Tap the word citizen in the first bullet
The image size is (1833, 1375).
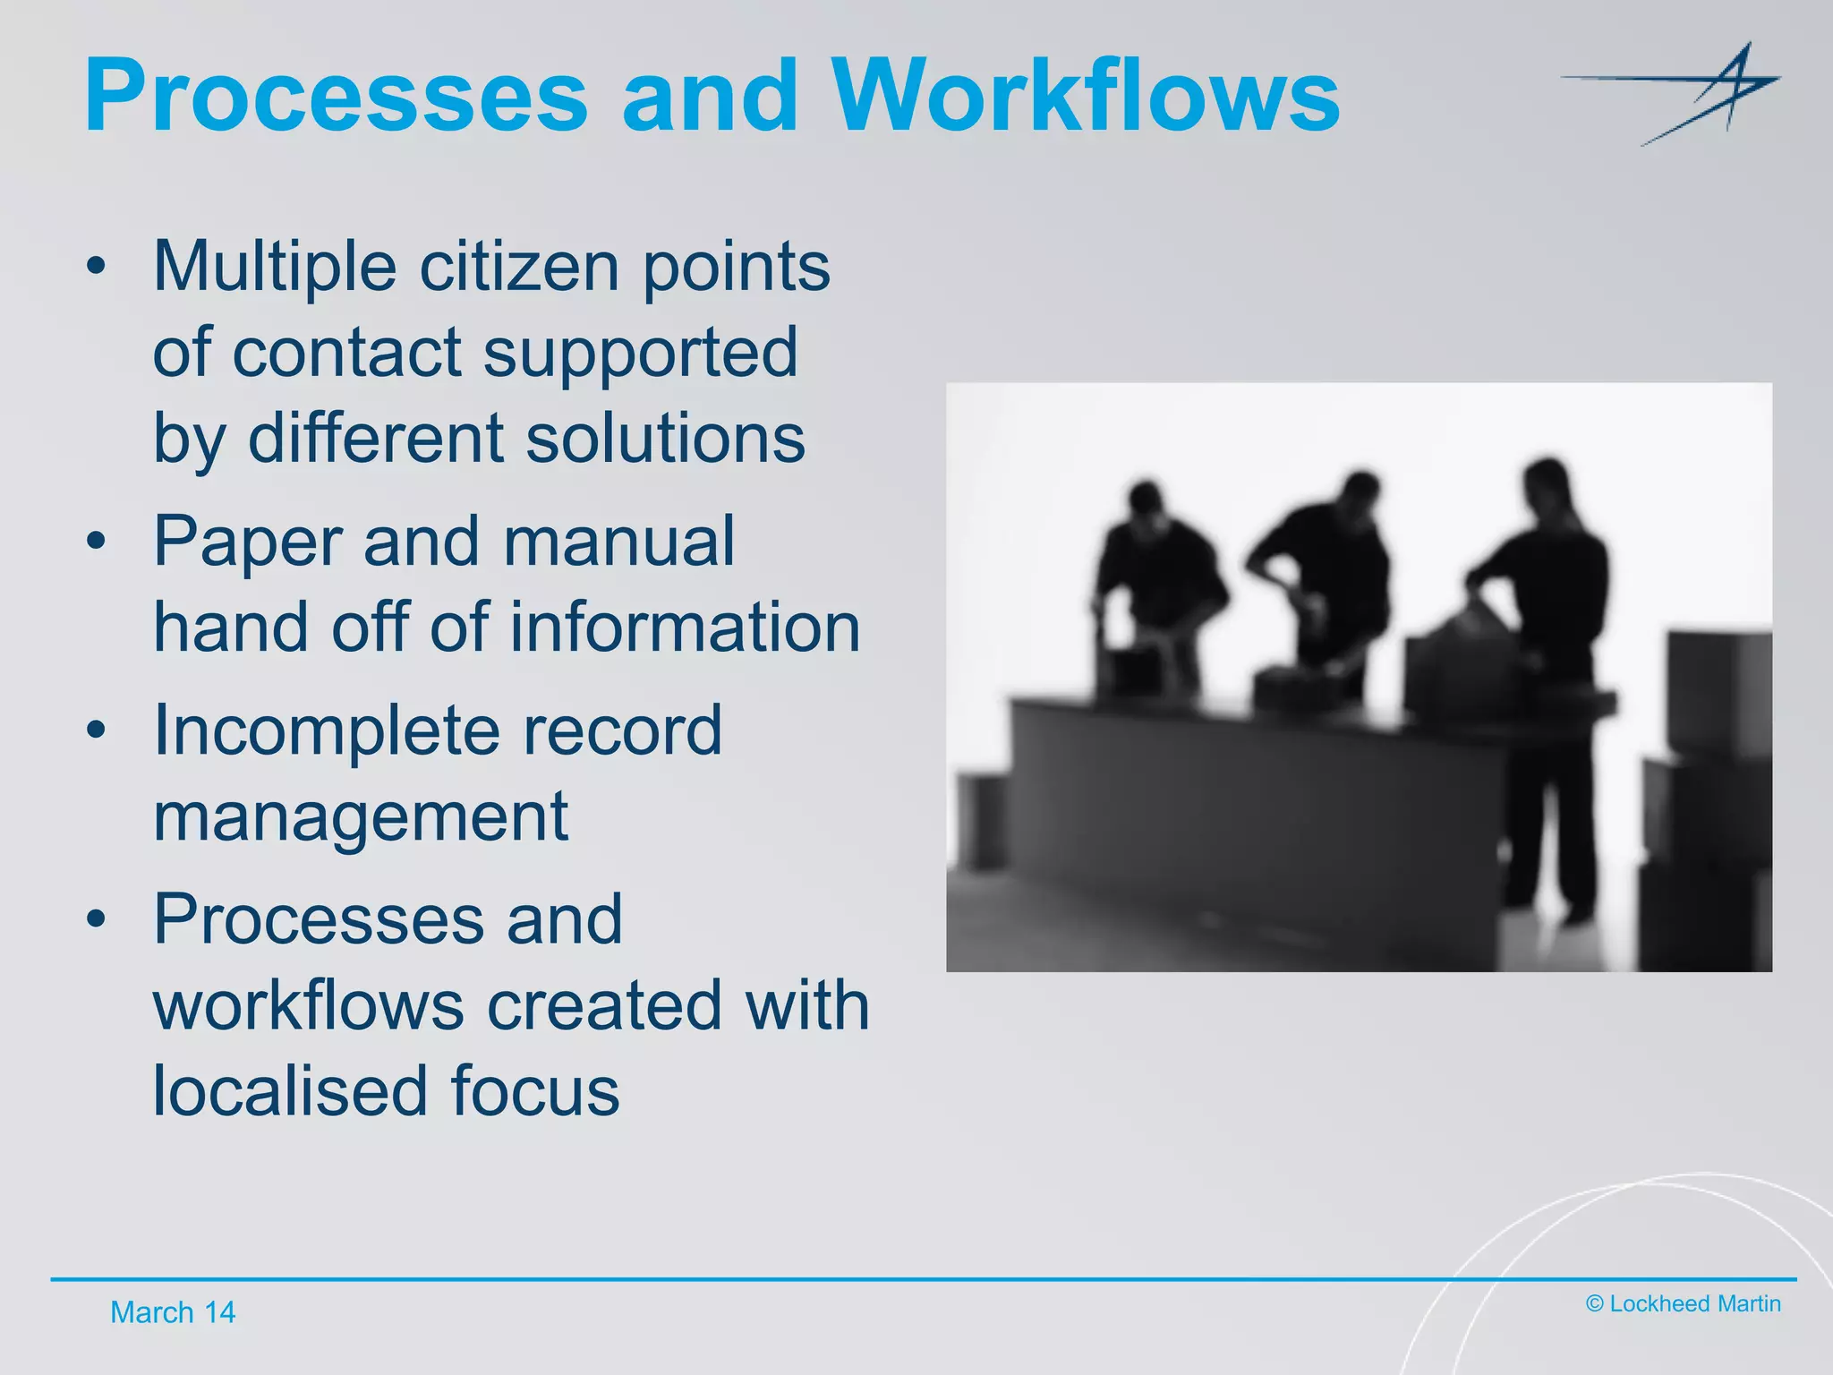pyautogui.click(x=519, y=266)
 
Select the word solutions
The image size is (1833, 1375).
pyautogui.click(x=665, y=438)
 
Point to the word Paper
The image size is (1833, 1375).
pyautogui.click(x=247, y=541)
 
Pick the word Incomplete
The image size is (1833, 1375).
pyautogui.click(x=326, y=730)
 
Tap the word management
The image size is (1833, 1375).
pyautogui.click(x=360, y=816)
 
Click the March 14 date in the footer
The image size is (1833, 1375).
pyautogui.click(x=173, y=1312)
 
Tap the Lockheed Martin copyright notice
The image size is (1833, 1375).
pyautogui.click(x=1683, y=1303)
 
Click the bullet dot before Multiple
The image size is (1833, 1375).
pyautogui.click(x=97, y=266)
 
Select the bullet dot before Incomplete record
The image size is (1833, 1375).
pyautogui.click(x=97, y=730)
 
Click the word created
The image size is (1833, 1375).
pyautogui.click(x=603, y=1004)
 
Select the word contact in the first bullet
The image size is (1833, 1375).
pyautogui.click(x=346, y=352)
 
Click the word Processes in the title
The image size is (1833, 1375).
pyautogui.click(x=336, y=95)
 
